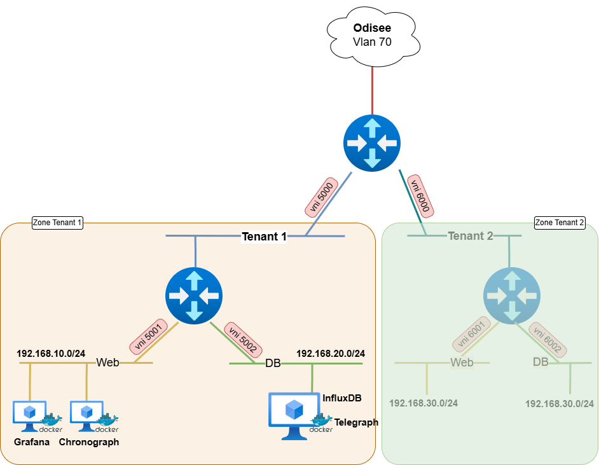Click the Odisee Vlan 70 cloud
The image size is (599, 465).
(x=372, y=36)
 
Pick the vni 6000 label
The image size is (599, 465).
(x=420, y=194)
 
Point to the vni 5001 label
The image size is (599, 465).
(x=148, y=337)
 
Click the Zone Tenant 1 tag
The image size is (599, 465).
(x=57, y=223)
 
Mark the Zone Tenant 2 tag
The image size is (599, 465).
(x=560, y=223)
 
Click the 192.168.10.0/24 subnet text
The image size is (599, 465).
(x=51, y=353)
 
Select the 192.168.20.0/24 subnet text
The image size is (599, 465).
(x=335, y=353)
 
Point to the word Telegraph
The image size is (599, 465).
(x=356, y=422)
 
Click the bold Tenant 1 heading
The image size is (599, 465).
(x=264, y=237)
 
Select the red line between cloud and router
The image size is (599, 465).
(x=372, y=89)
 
